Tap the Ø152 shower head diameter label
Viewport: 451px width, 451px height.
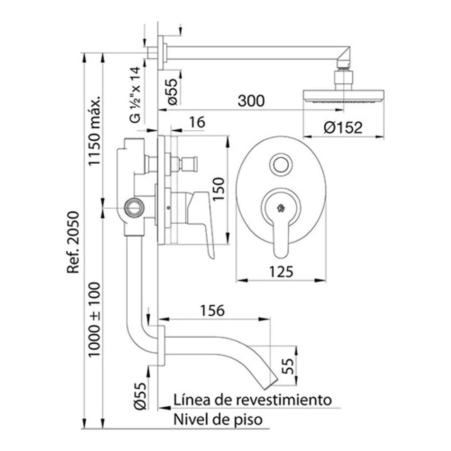click(x=343, y=128)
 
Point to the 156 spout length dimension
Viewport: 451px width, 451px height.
click(x=212, y=311)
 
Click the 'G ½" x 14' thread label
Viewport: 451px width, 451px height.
click(x=135, y=95)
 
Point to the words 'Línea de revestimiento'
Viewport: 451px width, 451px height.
click(x=253, y=400)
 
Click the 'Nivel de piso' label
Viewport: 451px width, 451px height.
click(x=217, y=420)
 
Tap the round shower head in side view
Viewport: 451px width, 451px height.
click(x=344, y=95)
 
